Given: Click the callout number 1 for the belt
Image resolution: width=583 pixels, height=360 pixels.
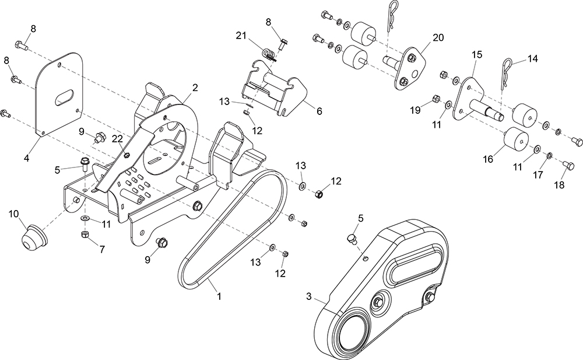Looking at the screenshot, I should [x=219, y=296].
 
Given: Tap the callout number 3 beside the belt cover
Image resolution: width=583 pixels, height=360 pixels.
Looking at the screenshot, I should [x=308, y=296].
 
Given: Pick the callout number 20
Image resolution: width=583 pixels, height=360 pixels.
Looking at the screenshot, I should [x=438, y=38].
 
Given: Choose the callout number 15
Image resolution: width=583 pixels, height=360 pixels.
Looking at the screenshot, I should [x=477, y=54].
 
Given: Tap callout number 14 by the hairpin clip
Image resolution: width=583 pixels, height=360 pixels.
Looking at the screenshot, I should [x=532, y=58].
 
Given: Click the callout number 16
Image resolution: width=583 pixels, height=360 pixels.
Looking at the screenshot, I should [x=487, y=158].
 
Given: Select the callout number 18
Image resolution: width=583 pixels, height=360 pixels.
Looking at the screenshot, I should [x=559, y=185].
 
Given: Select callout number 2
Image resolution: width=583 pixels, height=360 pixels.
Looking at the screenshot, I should [x=195, y=88].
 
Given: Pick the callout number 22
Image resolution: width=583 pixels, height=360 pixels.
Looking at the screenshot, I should [x=117, y=138].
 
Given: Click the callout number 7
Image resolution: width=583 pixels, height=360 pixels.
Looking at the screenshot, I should [x=102, y=249].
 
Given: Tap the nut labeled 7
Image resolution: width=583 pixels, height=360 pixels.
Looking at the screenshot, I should [x=83, y=234].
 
